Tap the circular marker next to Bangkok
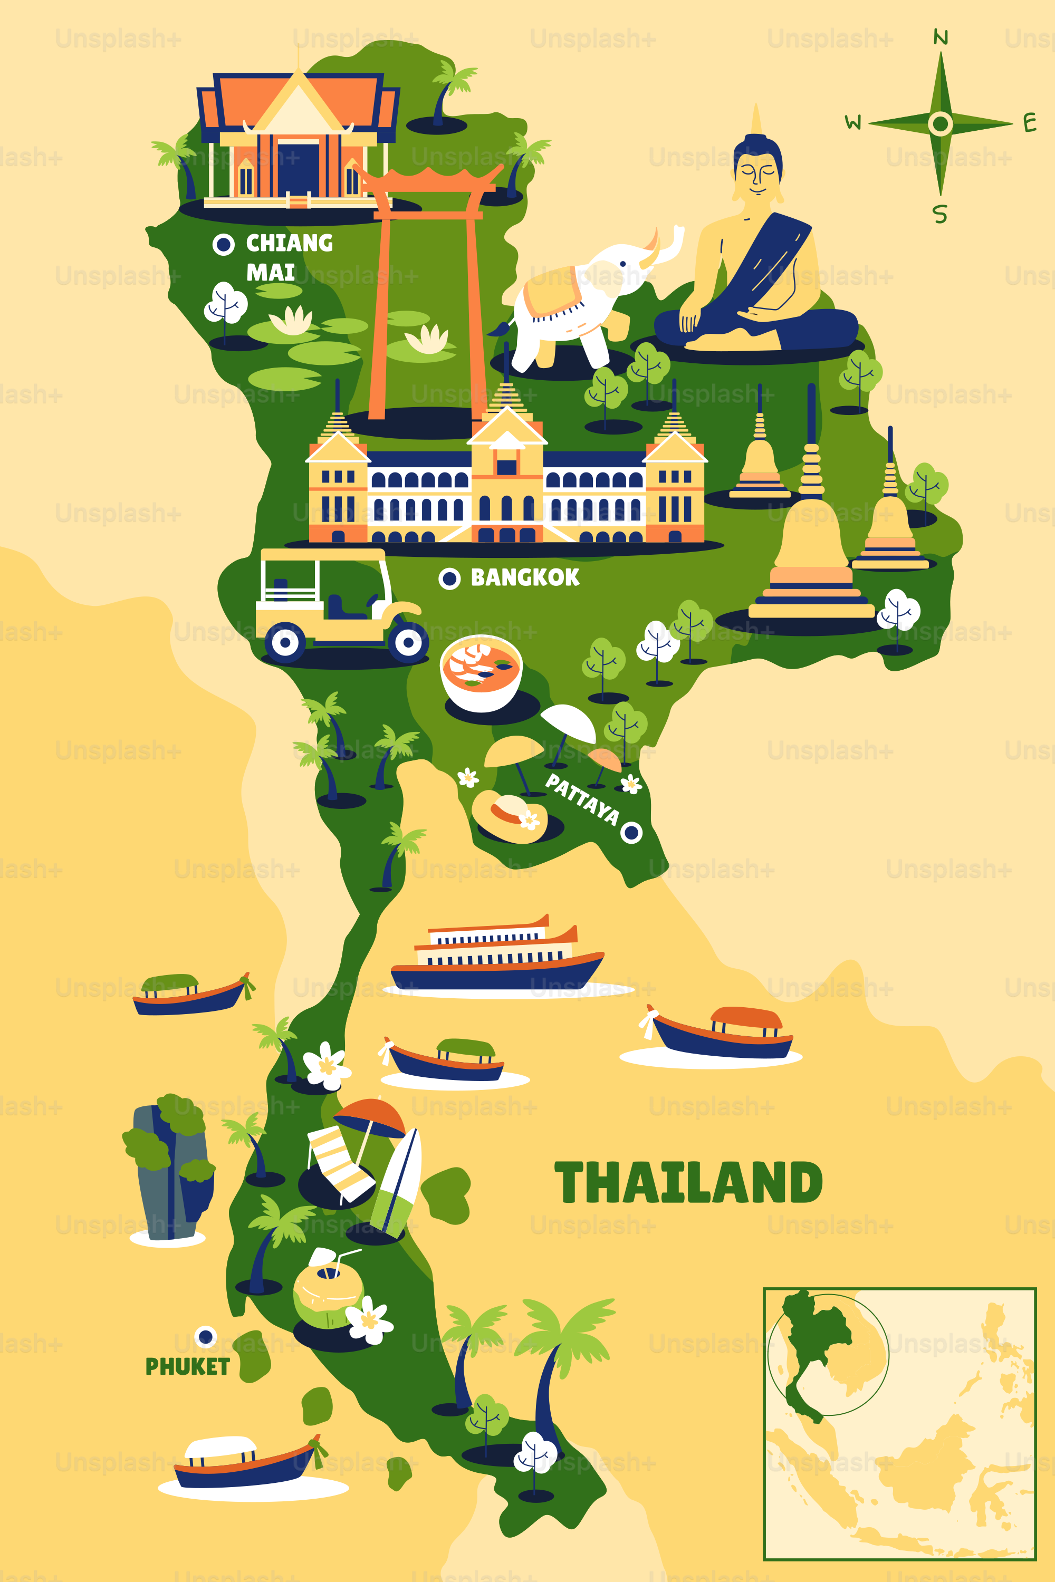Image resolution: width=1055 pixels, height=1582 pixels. point(449,578)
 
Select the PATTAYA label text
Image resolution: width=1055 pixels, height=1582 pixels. point(581,799)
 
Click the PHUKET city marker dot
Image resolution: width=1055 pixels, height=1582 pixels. point(206,1336)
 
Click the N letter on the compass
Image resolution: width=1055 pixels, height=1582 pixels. point(941,37)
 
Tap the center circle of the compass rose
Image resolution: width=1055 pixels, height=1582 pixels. point(940,124)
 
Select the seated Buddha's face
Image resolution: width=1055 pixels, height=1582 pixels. point(757,173)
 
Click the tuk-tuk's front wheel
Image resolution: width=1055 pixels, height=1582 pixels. point(408,642)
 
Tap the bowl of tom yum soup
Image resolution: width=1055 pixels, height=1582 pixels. point(481,673)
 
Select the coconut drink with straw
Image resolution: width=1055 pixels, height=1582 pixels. point(327,1288)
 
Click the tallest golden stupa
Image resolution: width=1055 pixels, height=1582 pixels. point(811,538)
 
